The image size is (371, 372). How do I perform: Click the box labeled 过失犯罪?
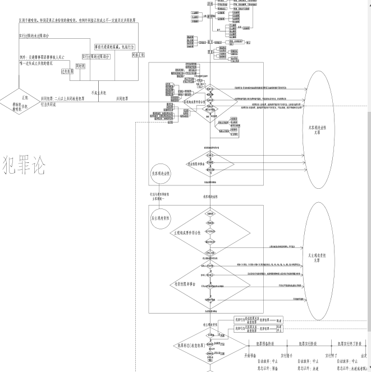coord(67,71)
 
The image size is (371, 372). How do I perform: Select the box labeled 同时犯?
coord(80,66)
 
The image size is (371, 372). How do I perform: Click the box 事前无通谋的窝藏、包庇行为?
coord(115,47)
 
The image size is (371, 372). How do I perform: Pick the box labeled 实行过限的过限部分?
coord(96,56)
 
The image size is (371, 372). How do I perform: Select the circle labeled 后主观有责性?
coord(161,217)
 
